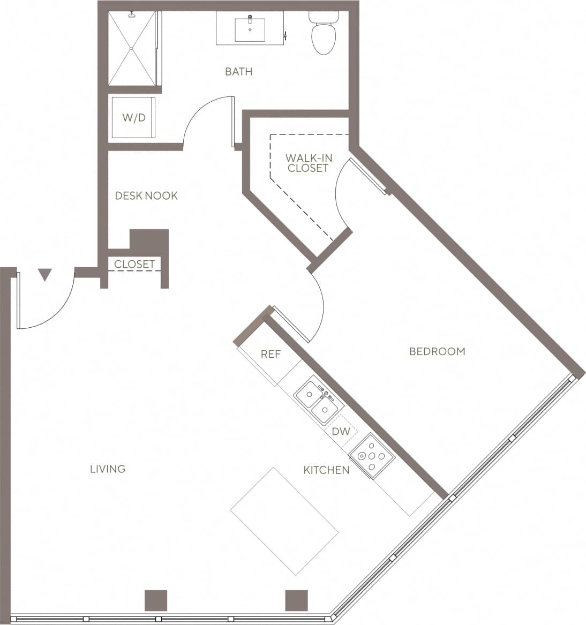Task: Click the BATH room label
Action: tap(238, 71)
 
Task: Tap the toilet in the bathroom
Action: tap(323, 35)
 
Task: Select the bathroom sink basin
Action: tap(250, 29)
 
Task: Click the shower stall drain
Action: tap(131, 48)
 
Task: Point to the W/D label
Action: tap(134, 117)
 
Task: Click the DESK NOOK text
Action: tap(146, 195)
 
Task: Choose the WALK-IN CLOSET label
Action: tap(309, 162)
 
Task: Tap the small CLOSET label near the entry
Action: tap(134, 264)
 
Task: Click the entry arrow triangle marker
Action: tap(45, 275)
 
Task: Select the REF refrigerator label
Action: tap(271, 354)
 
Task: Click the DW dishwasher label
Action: tap(341, 431)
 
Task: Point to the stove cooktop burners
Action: tap(372, 456)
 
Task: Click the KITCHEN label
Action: tap(326, 470)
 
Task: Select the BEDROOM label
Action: tap(437, 351)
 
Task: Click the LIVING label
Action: tap(108, 469)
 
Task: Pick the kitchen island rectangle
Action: tap(284, 521)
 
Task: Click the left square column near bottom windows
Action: tap(156, 600)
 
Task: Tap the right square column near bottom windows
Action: tap(296, 600)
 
